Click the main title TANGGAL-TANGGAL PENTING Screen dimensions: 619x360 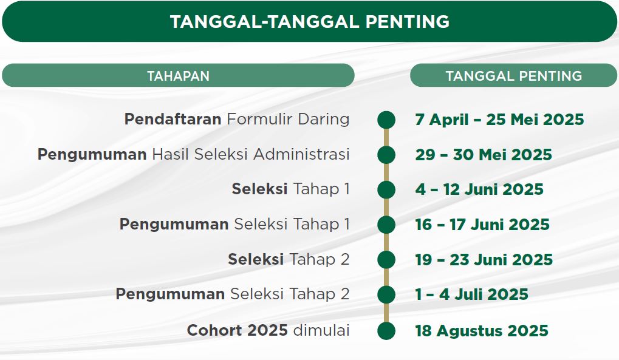pyautogui.click(x=310, y=21)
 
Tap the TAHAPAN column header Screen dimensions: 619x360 pyautogui.click(x=178, y=76)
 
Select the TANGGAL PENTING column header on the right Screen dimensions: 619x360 pyautogui.click(x=513, y=76)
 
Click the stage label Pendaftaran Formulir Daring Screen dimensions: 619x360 pyautogui.click(x=237, y=119)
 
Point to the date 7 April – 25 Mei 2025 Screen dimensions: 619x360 pyautogui.click(x=499, y=120)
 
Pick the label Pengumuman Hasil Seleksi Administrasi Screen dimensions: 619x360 pyautogui.click(x=193, y=154)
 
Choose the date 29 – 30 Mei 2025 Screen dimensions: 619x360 pyautogui.click(x=483, y=155)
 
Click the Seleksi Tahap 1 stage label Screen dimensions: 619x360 pyautogui.click(x=290, y=189)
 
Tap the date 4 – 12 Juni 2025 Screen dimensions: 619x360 pyautogui.click(x=479, y=189)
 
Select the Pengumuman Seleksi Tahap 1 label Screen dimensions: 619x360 pyautogui.click(x=234, y=224)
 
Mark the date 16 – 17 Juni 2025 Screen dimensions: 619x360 pyautogui.click(x=482, y=225)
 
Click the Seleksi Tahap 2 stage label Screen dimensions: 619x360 pyautogui.click(x=289, y=259)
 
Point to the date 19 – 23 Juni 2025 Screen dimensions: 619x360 pyautogui.click(x=484, y=260)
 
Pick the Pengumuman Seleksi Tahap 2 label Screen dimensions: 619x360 pyautogui.click(x=233, y=294)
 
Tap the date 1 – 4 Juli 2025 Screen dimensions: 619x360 pyautogui.click(x=471, y=294)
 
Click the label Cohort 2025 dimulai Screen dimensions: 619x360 pyautogui.click(x=268, y=330)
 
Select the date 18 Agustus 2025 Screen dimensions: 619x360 pyautogui.click(x=482, y=331)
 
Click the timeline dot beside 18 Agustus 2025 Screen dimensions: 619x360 pyautogui.click(x=386, y=331)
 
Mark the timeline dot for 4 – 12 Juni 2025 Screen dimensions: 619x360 pyautogui.click(x=386, y=190)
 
